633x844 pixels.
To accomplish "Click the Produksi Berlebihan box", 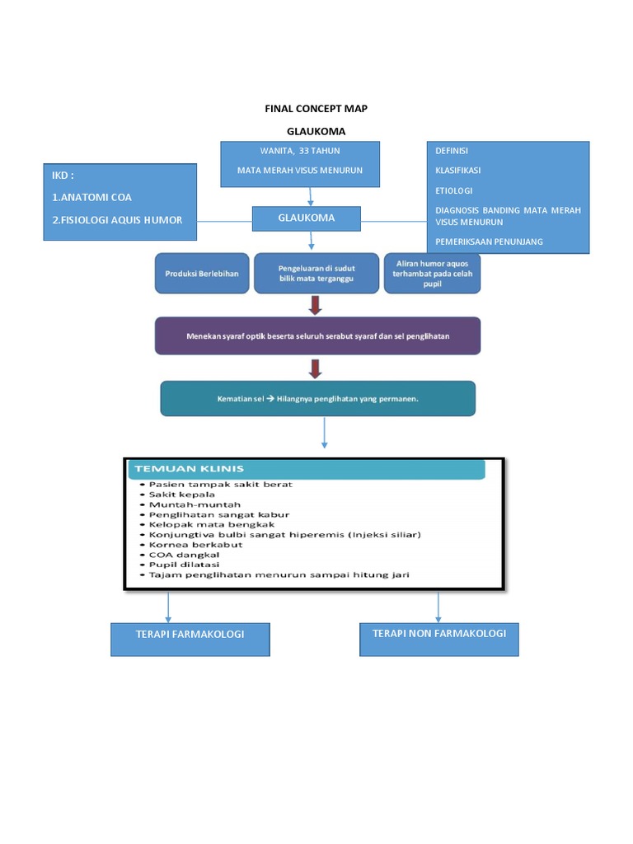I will [201, 273].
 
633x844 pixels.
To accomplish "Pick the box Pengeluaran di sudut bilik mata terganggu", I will [310, 273].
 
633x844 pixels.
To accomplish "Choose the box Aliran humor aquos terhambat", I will [433, 273].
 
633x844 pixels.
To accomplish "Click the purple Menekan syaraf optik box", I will [317, 336].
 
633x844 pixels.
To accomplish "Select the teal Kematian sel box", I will [317, 398].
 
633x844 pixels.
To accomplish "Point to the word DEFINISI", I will [452, 151].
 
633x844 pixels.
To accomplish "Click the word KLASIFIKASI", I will [458, 171].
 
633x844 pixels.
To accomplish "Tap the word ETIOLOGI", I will [453, 190].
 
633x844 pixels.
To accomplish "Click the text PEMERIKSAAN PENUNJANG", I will [490, 242].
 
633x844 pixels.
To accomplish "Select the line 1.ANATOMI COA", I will [91, 198].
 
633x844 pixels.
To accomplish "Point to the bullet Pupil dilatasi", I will [184, 565].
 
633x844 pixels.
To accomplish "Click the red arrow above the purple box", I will [316, 306].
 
